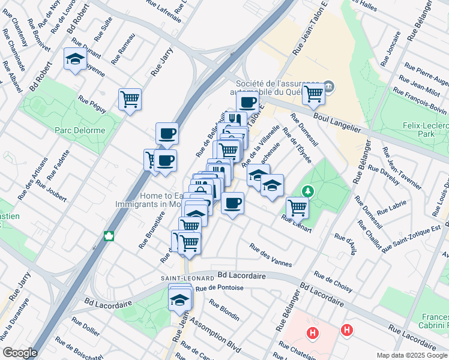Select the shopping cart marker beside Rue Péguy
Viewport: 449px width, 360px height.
pos(130,98)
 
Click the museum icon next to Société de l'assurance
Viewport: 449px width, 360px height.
pos(329,88)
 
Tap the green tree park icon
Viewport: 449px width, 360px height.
pos(308,191)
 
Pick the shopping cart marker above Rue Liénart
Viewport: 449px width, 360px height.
pos(297,208)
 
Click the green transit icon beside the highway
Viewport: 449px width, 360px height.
pos(109,235)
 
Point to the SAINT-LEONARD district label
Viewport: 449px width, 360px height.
pos(187,278)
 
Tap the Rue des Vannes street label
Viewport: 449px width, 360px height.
pos(271,256)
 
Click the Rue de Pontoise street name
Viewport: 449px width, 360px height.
pos(218,288)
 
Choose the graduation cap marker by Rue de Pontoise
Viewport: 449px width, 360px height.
pos(179,299)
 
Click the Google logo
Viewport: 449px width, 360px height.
pos(20,353)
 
